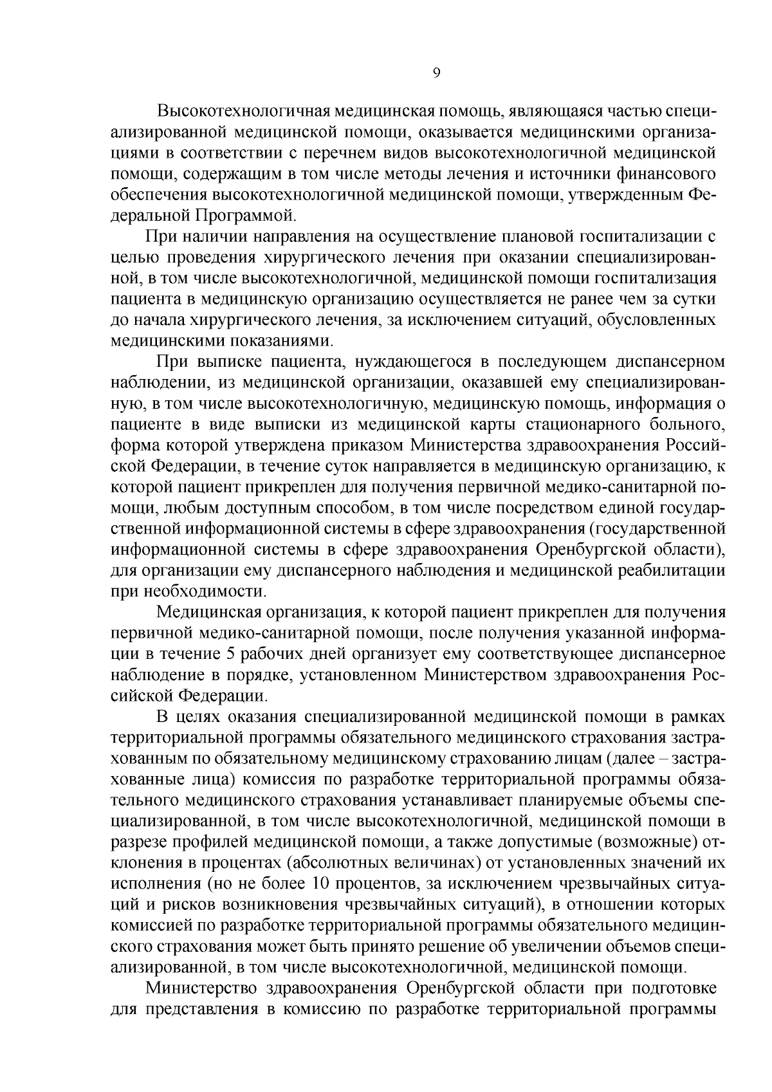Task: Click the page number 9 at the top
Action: pos(436,73)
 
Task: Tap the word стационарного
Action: pos(578,424)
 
